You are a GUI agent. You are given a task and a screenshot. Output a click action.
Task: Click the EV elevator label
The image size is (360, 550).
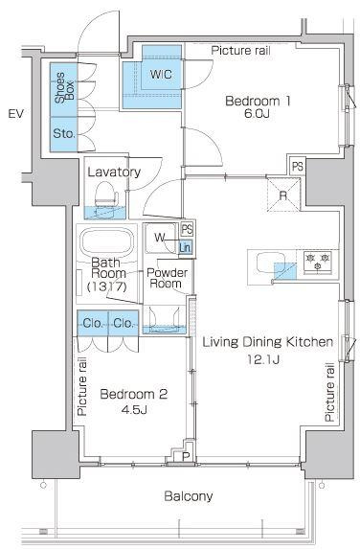(x=16, y=114)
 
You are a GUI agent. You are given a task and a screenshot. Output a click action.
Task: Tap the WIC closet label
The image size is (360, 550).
(x=161, y=75)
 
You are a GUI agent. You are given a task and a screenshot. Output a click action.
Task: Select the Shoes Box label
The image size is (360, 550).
(x=64, y=88)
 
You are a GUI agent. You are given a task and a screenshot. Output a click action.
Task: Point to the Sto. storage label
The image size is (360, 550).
(x=64, y=133)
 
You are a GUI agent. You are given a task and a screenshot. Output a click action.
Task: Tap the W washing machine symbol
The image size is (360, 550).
(x=161, y=239)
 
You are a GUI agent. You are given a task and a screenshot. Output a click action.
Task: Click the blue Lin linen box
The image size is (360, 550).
(x=185, y=247)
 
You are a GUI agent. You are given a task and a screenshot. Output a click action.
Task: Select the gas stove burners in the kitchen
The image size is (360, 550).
(x=318, y=262)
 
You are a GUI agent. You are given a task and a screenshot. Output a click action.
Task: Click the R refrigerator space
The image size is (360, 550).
(x=283, y=195)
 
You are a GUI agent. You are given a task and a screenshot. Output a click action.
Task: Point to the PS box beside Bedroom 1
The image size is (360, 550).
(x=298, y=167)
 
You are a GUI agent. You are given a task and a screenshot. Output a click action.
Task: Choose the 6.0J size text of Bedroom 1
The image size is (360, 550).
(x=258, y=114)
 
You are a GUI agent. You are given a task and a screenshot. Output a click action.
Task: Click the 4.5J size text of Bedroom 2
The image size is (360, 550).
(x=134, y=409)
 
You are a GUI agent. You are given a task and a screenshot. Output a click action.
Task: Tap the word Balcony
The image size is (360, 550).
(x=189, y=496)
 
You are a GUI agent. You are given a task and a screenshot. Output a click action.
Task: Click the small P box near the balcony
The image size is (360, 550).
(x=186, y=456)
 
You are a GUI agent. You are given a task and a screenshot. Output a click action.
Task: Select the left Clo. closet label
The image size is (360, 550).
(x=93, y=323)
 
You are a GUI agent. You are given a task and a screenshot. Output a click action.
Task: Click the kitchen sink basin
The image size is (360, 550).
(x=269, y=264)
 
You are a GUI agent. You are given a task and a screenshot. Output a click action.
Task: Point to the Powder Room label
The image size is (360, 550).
(x=167, y=278)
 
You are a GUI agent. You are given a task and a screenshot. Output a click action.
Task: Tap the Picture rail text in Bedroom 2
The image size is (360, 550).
(x=82, y=386)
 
